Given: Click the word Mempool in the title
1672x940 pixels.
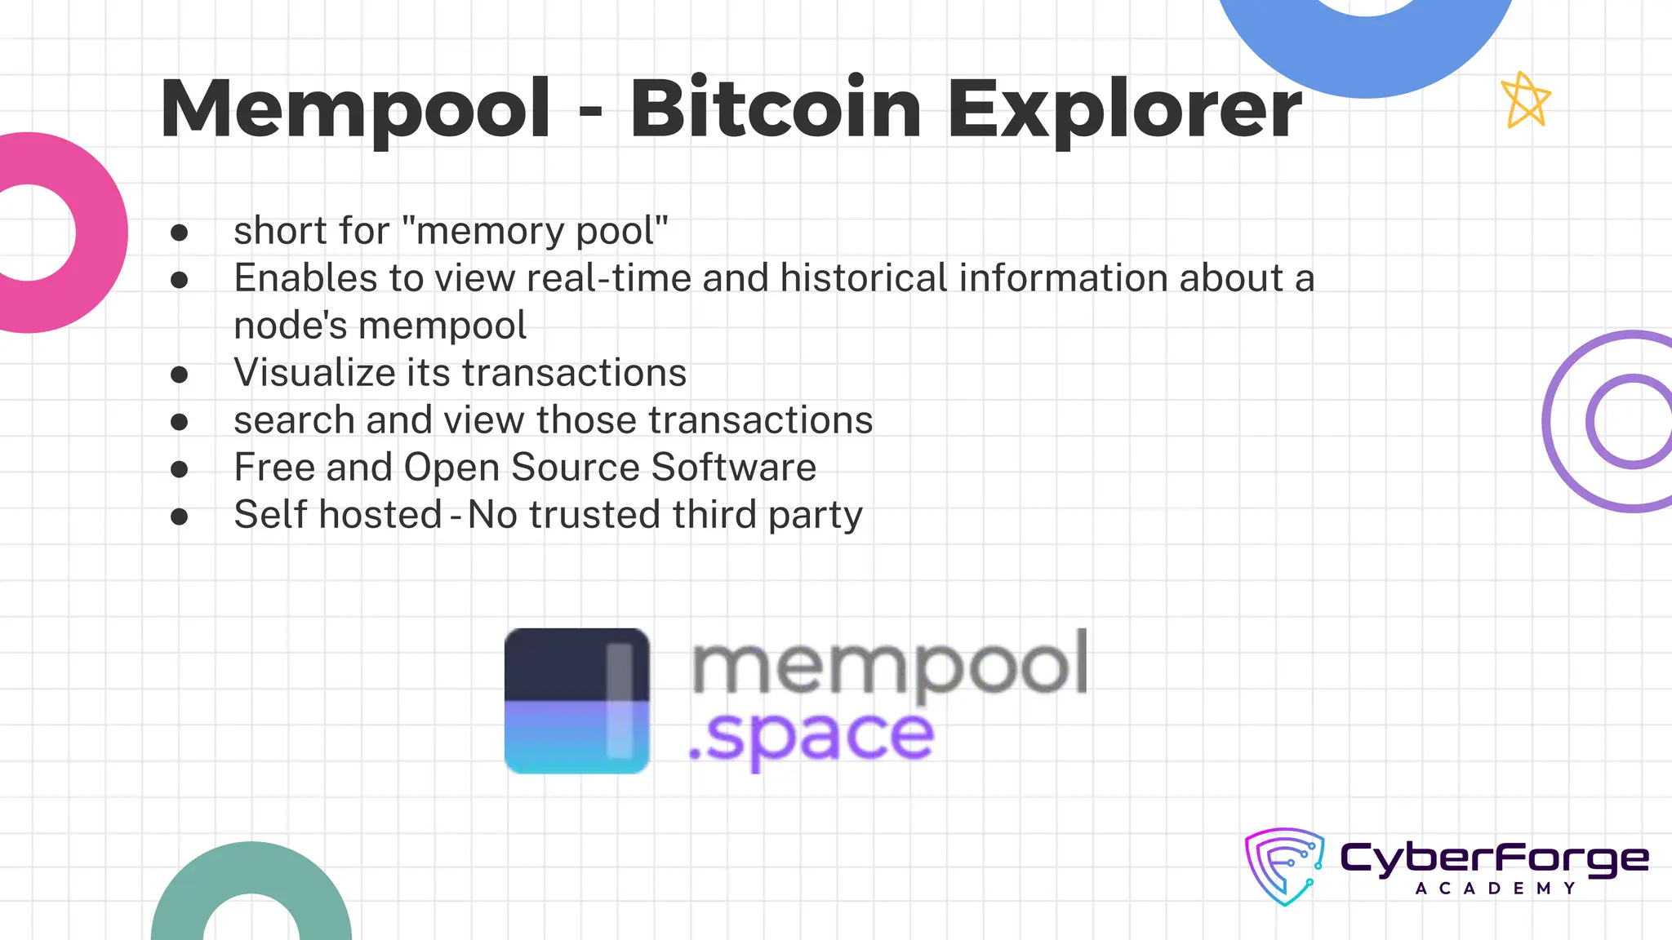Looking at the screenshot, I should coord(356,109).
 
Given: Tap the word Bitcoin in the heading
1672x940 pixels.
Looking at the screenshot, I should coord(776,109).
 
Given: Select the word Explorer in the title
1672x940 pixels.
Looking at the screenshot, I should coord(1124,109).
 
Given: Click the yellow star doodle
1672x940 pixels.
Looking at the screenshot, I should coord(1525,100).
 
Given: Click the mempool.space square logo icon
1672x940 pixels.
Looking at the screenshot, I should coord(577,700).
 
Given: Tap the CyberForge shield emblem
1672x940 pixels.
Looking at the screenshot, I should coord(1284,867).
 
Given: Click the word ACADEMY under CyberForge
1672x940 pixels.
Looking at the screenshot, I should coord(1495,889).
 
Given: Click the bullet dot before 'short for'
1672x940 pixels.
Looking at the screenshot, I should coord(180,233).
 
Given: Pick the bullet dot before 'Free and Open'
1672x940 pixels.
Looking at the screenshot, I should coord(180,469).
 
